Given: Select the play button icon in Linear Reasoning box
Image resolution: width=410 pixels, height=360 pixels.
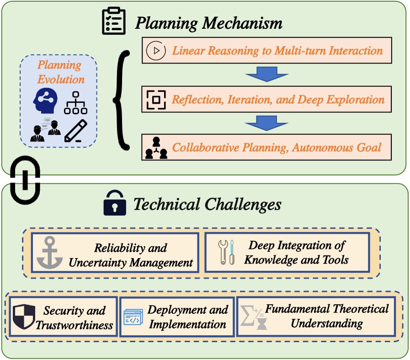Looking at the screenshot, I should (x=155, y=50).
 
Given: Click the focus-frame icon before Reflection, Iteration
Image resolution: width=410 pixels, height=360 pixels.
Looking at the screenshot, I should (x=156, y=99).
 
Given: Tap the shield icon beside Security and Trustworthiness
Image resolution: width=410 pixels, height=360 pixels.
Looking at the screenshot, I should (x=23, y=317).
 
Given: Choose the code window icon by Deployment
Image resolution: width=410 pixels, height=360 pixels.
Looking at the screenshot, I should (x=134, y=318).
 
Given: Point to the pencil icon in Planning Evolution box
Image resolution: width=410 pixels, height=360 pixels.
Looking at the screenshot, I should (x=76, y=130).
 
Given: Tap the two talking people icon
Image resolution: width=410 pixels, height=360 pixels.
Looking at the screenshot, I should (x=46, y=129).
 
